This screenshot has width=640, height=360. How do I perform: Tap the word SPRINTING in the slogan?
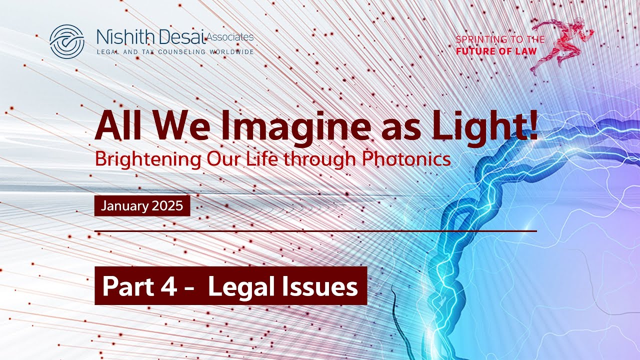tap(479, 39)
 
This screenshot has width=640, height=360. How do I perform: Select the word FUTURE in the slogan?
tap(474, 51)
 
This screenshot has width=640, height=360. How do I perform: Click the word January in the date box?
tap(122, 206)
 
